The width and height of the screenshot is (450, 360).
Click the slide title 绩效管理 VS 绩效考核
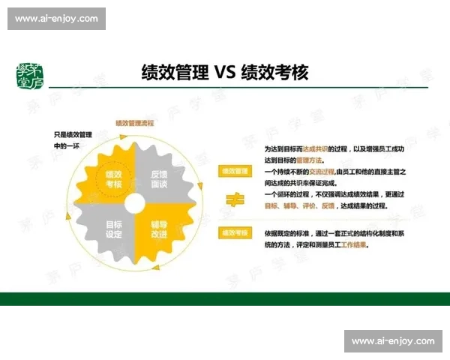[x=225, y=73]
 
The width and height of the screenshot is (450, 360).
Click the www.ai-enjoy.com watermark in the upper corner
[x=57, y=18]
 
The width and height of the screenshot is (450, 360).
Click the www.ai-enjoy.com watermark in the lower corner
[x=393, y=341]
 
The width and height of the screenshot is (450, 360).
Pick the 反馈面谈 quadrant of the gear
[x=158, y=178]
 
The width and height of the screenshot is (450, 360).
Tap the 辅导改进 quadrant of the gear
[x=158, y=228]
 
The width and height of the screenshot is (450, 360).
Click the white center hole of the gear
[x=136, y=203]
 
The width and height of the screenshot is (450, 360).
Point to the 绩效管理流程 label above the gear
[x=135, y=122]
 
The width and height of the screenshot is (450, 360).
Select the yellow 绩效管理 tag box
[x=235, y=171]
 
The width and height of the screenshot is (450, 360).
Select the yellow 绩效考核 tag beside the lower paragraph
[x=235, y=233]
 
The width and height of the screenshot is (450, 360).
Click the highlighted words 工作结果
[x=353, y=244]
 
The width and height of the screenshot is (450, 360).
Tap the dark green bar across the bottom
[x=225, y=298]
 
